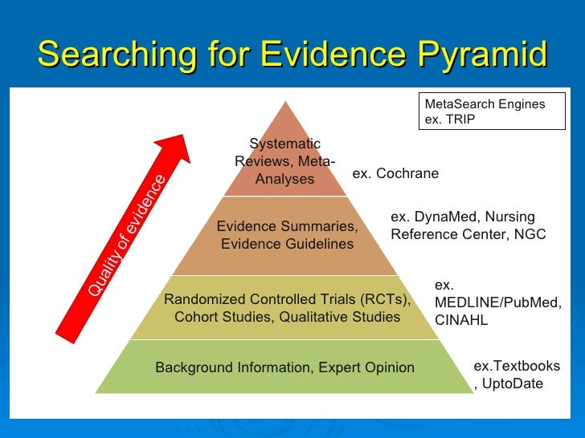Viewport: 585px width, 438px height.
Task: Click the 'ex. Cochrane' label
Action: click(x=395, y=174)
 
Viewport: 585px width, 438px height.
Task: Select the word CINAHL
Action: click(x=460, y=320)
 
